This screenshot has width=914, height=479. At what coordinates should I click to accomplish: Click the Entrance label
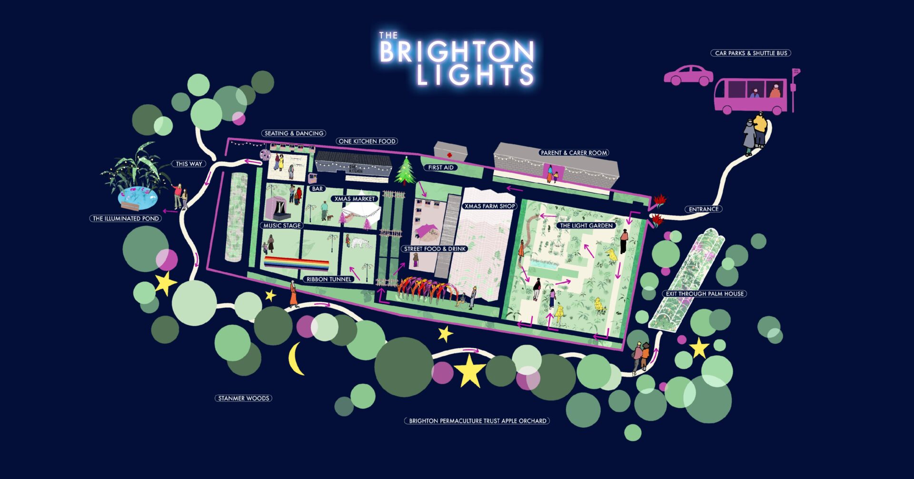coord(704,209)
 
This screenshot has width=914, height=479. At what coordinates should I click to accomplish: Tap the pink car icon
coord(688,76)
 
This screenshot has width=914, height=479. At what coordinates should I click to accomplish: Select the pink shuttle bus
coord(750,96)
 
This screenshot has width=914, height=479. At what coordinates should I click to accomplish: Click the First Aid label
coord(440,168)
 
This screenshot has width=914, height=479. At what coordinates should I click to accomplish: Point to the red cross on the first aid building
coord(449,155)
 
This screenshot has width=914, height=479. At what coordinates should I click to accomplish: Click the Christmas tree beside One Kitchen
coord(405,170)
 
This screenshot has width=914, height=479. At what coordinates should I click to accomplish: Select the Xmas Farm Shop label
coord(489,206)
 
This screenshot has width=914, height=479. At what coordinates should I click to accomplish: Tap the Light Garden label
coord(586,226)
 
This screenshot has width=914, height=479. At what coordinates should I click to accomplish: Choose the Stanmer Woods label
coord(243,398)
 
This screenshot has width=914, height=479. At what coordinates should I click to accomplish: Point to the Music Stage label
coord(282,226)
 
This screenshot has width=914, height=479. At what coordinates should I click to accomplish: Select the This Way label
coord(189,164)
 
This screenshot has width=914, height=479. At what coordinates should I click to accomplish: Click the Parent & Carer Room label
coord(574,153)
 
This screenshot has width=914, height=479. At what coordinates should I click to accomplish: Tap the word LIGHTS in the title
coord(475,75)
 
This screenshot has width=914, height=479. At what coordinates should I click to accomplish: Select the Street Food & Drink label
coord(435,249)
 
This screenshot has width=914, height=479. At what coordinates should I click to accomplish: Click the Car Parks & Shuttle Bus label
coord(751,53)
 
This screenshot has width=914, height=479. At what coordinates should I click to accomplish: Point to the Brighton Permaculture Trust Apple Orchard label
coord(477,421)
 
